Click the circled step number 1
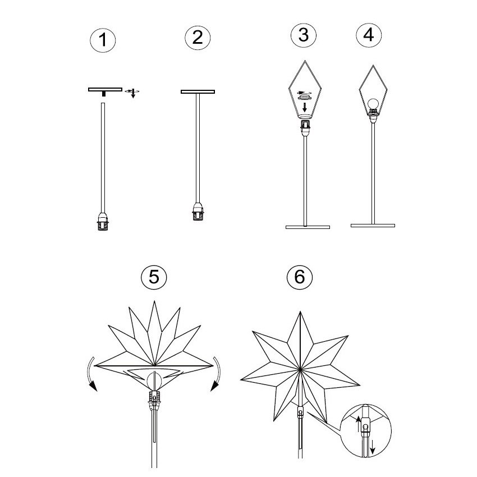(103, 40)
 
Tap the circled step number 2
(198, 38)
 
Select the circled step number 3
(303, 35)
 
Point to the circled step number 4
(369, 35)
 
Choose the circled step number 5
(154, 277)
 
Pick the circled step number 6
(300, 277)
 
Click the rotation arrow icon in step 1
(132, 93)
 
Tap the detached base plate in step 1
(105, 90)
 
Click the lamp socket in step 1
(103, 221)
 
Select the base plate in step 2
(198, 91)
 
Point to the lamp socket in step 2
(198, 211)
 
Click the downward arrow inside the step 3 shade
(305, 107)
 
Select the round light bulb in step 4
(373, 104)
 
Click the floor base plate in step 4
(373, 226)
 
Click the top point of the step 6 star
(300, 311)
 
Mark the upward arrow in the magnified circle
(359, 424)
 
